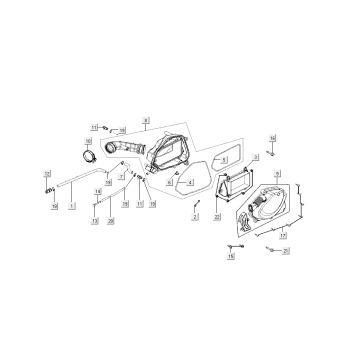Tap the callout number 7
pos(120,176)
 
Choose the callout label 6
pos(170,184)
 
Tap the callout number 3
pos(256,157)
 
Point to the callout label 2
pos(196,216)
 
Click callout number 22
pos(217,216)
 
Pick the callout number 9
pos(277,173)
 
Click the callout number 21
pos(284,250)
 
